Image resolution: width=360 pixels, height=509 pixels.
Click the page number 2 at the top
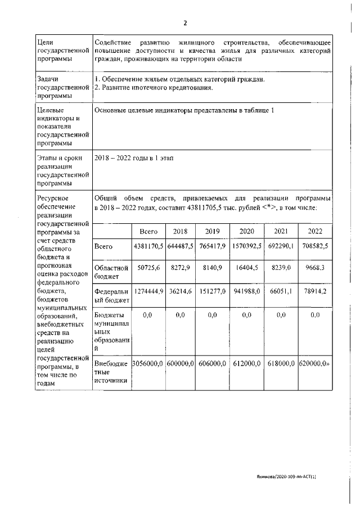[x=184, y=23]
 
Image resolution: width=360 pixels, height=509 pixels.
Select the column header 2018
[x=180, y=231]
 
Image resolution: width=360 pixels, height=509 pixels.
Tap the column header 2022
[x=314, y=231]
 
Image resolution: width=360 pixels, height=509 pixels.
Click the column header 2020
[x=246, y=231]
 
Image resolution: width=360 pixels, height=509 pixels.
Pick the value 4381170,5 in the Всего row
[x=148, y=246]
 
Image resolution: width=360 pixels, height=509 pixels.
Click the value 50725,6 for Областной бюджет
[x=148, y=269]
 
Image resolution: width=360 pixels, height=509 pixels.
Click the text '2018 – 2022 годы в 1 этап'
[x=134, y=158]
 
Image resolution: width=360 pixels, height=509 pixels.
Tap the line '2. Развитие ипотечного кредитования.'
[x=154, y=88]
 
